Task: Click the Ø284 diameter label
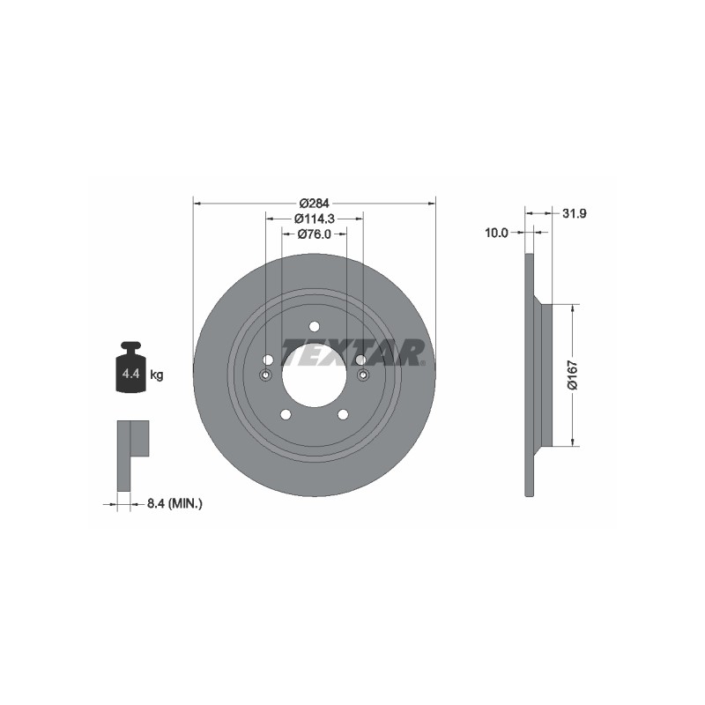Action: [315, 204]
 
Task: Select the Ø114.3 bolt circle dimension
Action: [315, 219]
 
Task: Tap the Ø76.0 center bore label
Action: [315, 234]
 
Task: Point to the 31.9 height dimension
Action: [575, 213]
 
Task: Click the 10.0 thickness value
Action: [496, 233]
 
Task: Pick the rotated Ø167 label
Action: [572, 375]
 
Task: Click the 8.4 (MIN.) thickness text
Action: [174, 503]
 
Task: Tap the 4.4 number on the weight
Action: [130, 373]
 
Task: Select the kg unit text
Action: [157, 374]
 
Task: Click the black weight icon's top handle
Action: [130, 346]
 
